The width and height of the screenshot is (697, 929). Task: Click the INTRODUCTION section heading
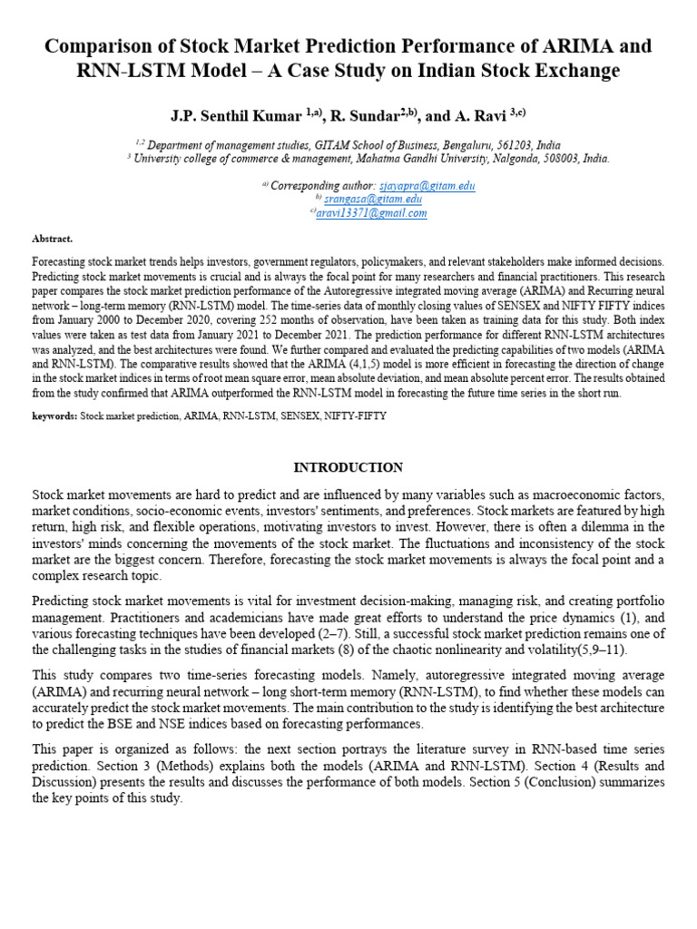348,467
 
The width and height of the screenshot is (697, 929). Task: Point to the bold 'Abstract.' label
52,238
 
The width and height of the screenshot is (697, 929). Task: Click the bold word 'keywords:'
54,415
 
